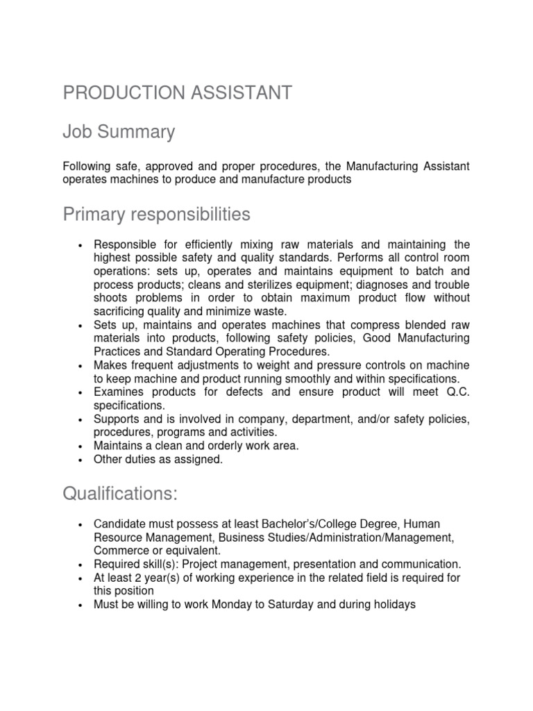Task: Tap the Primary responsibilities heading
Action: (156, 215)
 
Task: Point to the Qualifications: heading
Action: (120, 494)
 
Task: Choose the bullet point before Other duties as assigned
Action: (81, 460)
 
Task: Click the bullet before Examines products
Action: (81, 393)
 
